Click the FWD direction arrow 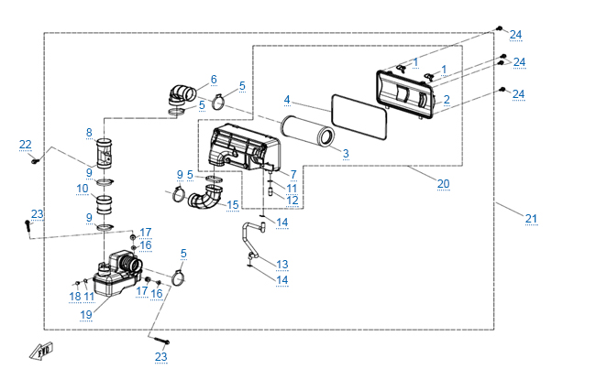coord(41,351)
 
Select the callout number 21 coord(532,219)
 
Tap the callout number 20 coord(443,184)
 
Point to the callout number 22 coord(26,145)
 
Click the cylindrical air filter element coord(308,131)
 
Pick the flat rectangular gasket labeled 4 coord(359,116)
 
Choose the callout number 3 coord(346,154)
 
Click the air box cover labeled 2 coord(405,95)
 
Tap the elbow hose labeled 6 coord(182,94)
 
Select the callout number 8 coord(89,133)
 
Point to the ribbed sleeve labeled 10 coord(105,204)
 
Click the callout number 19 coord(86,315)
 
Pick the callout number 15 coord(233,205)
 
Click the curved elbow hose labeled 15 coord(205,197)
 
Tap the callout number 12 coord(292,200)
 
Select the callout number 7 coord(293,175)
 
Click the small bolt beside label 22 coord(36,161)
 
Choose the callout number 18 coord(75,296)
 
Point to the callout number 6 coord(214,80)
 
